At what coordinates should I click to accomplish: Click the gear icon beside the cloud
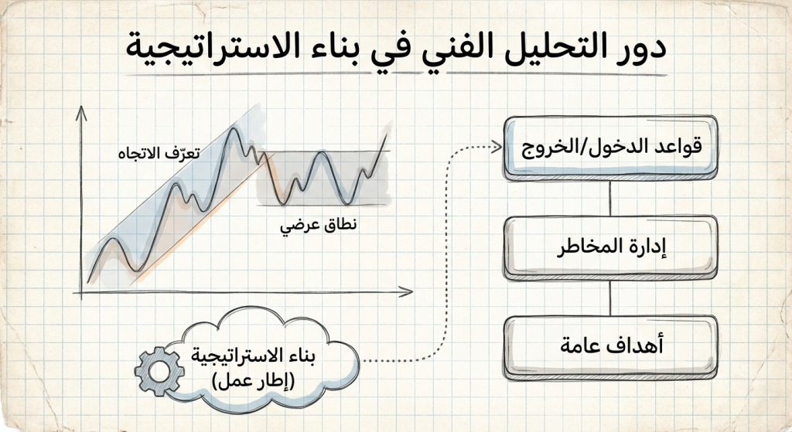pos(159,370)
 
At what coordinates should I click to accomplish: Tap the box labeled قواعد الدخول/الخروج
pos(610,148)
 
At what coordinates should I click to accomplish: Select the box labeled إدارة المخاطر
pos(610,247)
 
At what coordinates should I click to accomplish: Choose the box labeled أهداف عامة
pos(610,345)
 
